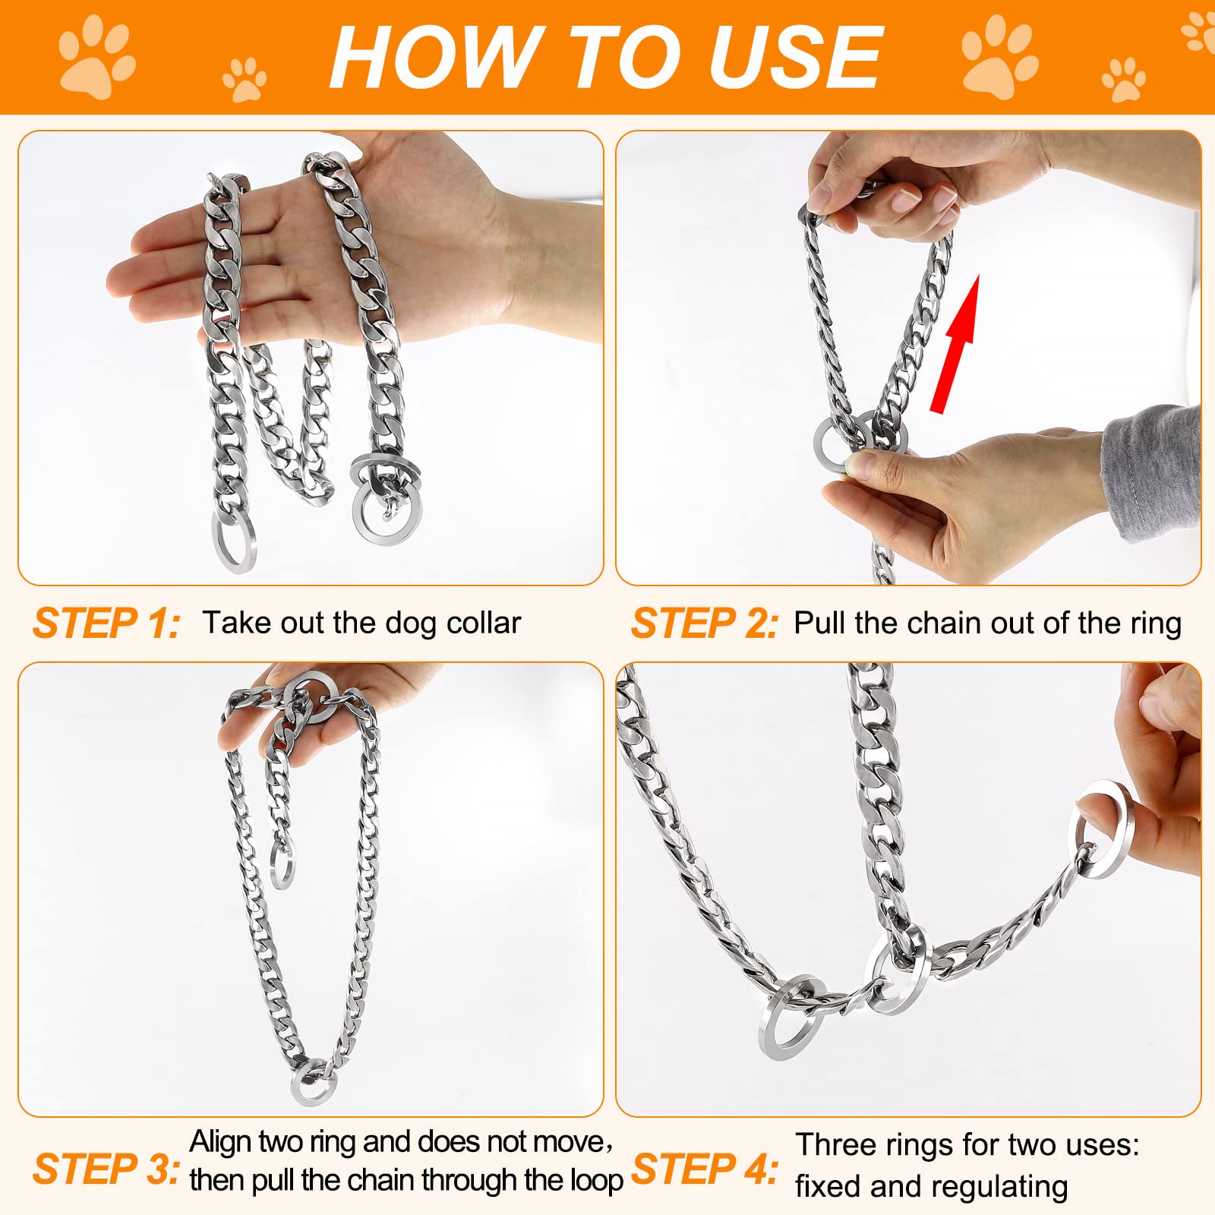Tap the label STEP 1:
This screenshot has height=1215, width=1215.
point(107,623)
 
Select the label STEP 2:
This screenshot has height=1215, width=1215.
point(705,623)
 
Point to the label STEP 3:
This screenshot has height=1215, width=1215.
point(107,1169)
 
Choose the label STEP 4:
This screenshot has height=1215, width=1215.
point(705,1169)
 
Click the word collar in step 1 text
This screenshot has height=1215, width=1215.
point(483,623)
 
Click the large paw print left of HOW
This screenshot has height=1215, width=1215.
point(97,57)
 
